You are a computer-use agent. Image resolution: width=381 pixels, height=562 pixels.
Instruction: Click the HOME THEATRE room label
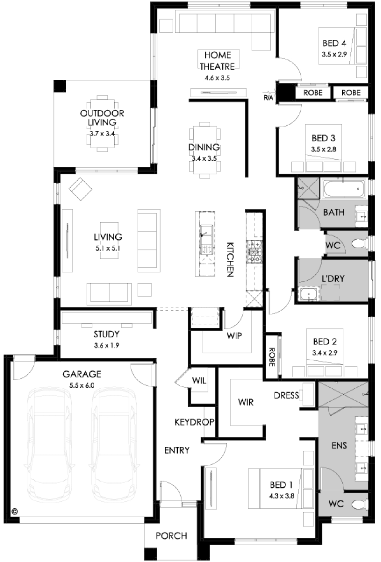(217, 61)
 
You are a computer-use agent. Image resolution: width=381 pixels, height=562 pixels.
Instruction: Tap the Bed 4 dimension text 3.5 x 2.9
(334, 54)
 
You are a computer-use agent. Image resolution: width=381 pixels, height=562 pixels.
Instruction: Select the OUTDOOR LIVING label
(102, 118)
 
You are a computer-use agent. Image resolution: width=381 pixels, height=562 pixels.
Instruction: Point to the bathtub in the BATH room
(343, 189)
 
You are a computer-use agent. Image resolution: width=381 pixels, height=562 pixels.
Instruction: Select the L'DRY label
(333, 279)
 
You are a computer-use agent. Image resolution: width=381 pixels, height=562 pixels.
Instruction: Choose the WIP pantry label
(234, 336)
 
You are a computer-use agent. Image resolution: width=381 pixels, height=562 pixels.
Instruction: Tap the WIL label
(199, 380)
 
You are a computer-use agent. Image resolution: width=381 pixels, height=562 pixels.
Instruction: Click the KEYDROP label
(194, 422)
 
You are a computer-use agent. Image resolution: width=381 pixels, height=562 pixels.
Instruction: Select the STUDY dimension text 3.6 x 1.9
(107, 346)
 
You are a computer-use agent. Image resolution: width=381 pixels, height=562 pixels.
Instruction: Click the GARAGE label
(82, 374)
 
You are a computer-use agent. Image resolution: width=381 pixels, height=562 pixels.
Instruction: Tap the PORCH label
(171, 536)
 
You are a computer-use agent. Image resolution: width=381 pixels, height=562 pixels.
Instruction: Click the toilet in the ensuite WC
(360, 504)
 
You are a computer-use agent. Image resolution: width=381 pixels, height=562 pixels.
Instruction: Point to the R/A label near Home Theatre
(268, 98)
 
